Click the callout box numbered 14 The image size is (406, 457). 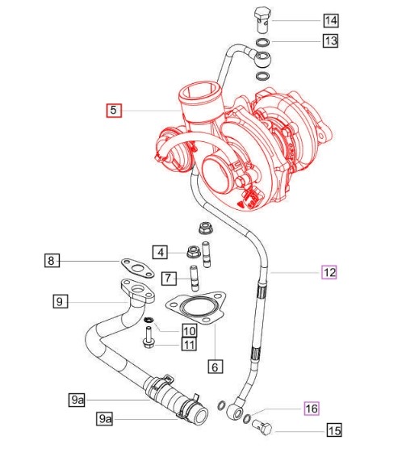click(331, 20)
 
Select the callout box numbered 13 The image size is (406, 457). click(330, 40)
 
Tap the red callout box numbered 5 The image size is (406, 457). click(114, 111)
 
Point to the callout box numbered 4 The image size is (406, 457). click(160, 252)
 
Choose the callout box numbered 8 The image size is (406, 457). click(52, 260)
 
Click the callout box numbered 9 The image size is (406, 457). click(61, 301)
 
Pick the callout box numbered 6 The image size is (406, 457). click(216, 367)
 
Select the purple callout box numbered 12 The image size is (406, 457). click(329, 272)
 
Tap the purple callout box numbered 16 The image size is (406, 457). click(312, 409)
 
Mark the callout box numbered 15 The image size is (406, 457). click(334, 430)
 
